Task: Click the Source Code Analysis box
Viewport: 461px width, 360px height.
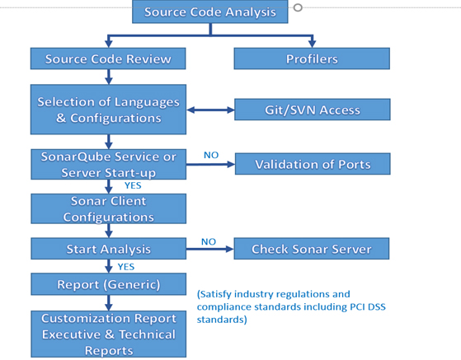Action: point(210,12)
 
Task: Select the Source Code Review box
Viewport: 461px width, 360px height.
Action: point(108,58)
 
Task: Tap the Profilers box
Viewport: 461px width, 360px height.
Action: point(312,58)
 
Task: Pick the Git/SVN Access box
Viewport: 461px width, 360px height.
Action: point(313,110)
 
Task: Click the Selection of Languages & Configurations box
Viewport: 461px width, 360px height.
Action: point(108,110)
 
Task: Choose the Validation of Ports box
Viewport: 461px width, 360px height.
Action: point(313,164)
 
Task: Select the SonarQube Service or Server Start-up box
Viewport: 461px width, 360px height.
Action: point(109,165)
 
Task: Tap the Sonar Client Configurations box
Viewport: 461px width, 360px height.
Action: point(109,208)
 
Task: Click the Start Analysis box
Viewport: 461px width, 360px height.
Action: point(109,249)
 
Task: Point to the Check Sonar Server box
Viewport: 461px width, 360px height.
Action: point(312,249)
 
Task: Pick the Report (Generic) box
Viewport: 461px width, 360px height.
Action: point(109,284)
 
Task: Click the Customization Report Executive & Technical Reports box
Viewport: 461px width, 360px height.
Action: point(109,334)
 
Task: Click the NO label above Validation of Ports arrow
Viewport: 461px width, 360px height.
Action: point(211,155)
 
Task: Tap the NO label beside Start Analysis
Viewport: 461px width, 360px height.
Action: point(209,241)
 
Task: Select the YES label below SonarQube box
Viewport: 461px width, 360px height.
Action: point(133,185)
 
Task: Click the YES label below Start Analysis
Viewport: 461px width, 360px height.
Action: point(126,267)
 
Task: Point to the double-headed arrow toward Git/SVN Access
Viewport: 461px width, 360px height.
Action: point(210,110)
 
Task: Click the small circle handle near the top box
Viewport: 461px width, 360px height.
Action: point(298,7)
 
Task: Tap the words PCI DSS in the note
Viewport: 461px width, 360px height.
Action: point(368,306)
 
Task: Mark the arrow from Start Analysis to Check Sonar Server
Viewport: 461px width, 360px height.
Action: point(210,249)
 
